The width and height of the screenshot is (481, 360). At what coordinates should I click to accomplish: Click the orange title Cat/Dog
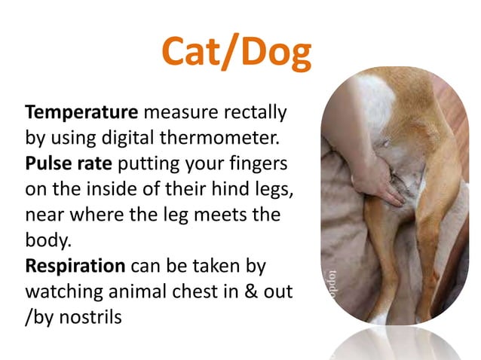click(x=236, y=52)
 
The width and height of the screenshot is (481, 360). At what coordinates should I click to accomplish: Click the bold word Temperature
click(x=82, y=114)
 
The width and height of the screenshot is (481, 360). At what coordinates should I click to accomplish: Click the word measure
click(x=176, y=114)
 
